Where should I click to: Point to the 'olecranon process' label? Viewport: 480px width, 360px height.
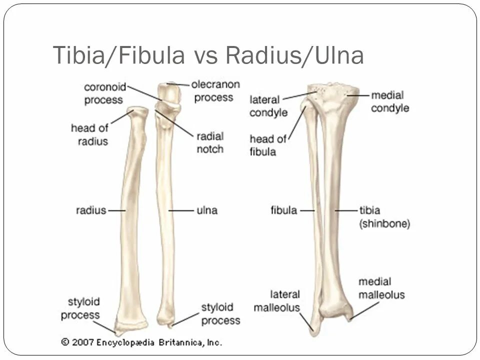217,90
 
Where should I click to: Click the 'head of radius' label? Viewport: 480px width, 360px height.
90,134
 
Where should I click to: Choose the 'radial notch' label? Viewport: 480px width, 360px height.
210,142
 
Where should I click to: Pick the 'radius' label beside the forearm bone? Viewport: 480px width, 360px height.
91,210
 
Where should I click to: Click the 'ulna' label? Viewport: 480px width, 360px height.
207,210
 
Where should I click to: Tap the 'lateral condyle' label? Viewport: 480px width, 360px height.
268,106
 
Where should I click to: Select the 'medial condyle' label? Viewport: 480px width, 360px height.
390,101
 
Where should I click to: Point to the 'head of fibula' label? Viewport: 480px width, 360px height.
268,145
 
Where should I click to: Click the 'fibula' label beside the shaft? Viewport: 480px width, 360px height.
284,210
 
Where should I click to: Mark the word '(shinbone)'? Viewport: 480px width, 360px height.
385,224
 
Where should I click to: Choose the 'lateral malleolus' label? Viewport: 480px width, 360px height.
276,300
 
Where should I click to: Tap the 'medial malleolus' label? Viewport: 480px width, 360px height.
381,288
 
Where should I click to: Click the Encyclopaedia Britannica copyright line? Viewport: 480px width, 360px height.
141,342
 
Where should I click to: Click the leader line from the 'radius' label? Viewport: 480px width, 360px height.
116,210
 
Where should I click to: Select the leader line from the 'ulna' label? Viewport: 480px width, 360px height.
180,210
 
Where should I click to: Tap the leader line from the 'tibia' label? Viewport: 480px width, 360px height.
345,210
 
